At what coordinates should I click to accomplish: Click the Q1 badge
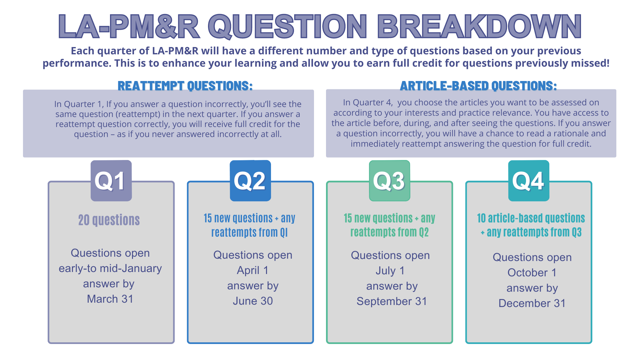tap(111, 181)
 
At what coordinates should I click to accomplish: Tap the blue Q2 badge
tap(250, 181)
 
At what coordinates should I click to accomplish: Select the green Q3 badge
tap(389, 181)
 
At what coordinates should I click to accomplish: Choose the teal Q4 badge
tap(529, 181)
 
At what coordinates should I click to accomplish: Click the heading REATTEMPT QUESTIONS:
tap(185, 86)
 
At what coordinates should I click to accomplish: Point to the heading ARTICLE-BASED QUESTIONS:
tap(478, 86)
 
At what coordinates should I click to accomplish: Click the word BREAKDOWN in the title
tap(480, 26)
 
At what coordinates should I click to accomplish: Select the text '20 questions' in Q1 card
tap(109, 220)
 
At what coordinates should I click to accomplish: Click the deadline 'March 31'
tap(110, 299)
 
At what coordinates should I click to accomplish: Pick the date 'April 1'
tap(253, 270)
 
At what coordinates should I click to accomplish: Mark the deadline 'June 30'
tap(253, 301)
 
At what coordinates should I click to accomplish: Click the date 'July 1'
tap(390, 271)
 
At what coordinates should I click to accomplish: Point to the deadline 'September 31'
tap(392, 301)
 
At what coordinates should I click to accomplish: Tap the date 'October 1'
tap(532, 273)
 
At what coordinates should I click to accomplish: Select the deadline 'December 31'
tap(532, 303)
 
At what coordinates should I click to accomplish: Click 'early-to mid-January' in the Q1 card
tap(110, 268)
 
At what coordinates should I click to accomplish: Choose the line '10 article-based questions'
tap(531, 218)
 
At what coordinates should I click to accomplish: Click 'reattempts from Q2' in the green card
tap(389, 232)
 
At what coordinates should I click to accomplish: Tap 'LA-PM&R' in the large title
tap(129, 26)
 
